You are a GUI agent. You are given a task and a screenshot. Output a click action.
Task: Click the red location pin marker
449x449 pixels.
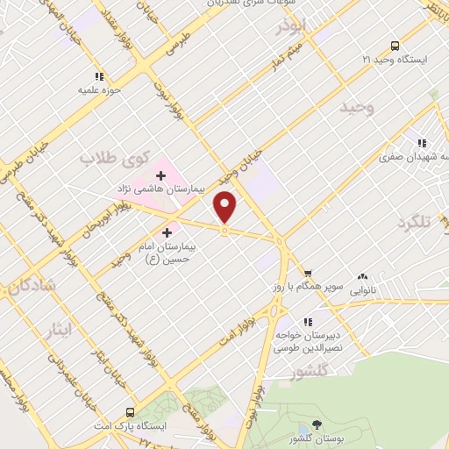click(225, 207)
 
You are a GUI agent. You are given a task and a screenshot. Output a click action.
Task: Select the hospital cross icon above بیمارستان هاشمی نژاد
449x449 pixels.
click(160, 176)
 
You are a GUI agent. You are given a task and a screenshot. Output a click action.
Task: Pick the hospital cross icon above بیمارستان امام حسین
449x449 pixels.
click(167, 232)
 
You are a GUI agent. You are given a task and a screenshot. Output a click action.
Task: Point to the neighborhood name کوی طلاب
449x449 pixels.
click(110, 158)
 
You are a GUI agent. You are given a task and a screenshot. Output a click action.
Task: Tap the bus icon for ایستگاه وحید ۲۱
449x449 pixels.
click(395, 46)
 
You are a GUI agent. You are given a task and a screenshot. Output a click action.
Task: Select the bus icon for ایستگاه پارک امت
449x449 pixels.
click(130, 412)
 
